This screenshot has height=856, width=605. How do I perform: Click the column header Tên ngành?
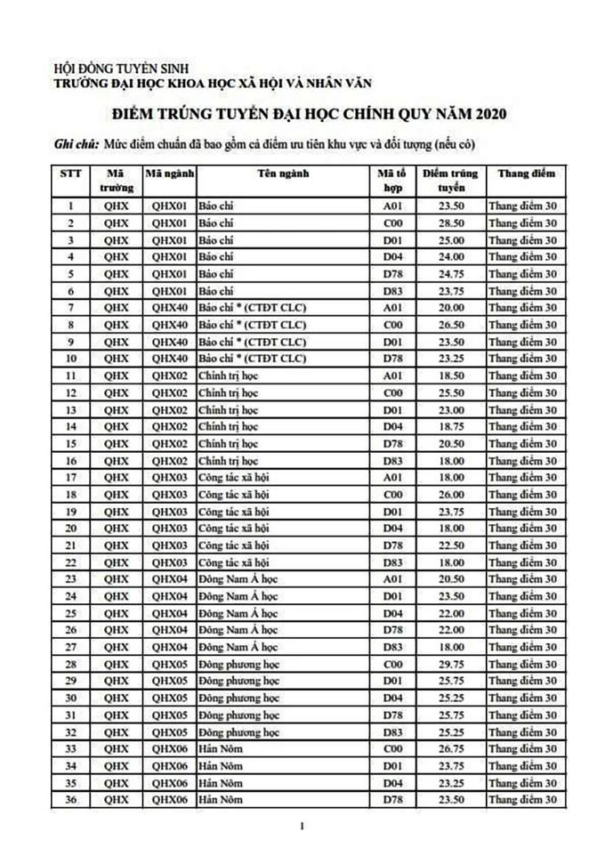tap(284, 174)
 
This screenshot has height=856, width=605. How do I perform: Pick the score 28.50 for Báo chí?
tap(449, 222)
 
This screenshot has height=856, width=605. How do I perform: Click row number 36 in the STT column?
tap(69, 801)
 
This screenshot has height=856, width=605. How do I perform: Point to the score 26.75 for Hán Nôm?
tap(449, 749)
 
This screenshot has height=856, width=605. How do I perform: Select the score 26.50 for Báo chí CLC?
tap(449, 324)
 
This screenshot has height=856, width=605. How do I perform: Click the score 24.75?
tap(449, 273)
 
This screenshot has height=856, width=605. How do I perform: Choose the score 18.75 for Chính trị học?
tap(449, 426)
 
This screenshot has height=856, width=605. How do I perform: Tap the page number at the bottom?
tap(302, 828)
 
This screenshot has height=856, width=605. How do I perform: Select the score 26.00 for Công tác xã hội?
tap(449, 495)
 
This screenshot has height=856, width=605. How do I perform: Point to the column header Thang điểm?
tap(526, 174)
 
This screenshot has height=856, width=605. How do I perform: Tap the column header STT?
tap(69, 174)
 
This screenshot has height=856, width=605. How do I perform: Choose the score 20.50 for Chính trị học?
tap(449, 443)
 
